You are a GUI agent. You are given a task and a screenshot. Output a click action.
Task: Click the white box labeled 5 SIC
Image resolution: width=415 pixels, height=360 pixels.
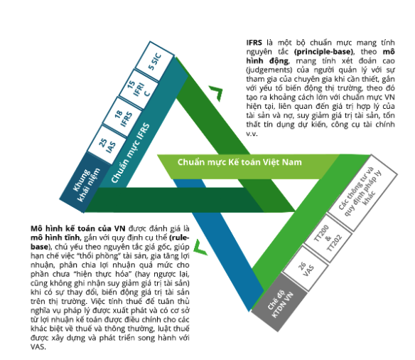pyautogui.click(x=155, y=61)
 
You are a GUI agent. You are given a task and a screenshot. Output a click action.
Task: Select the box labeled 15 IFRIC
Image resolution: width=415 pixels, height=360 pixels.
pyautogui.click(x=139, y=89)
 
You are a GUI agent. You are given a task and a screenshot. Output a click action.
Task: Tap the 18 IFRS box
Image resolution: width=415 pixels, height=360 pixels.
pyautogui.click(x=122, y=117)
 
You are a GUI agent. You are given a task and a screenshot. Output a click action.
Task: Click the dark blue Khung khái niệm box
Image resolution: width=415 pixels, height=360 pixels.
pyautogui.click(x=85, y=183)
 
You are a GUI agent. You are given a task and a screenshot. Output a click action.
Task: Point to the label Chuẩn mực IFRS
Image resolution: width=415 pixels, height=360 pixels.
pyautogui.click(x=130, y=153)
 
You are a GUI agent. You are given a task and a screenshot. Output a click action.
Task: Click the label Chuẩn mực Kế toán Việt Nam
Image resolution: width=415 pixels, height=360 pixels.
pyautogui.click(x=239, y=162)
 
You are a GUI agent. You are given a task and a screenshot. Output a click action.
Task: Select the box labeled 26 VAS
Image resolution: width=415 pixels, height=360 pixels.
pyautogui.click(x=306, y=269)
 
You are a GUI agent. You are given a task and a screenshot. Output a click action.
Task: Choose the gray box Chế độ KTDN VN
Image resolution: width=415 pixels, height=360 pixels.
pyautogui.click(x=279, y=302)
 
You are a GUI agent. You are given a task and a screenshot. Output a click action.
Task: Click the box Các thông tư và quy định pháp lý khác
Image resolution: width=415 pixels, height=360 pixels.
pyautogui.click(x=362, y=192)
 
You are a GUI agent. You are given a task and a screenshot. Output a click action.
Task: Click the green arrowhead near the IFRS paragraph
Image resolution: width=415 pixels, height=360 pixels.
pyautogui.click(x=216, y=93)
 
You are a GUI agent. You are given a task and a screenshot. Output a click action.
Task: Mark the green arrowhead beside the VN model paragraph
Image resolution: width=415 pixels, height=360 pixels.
pyautogui.click(x=200, y=248)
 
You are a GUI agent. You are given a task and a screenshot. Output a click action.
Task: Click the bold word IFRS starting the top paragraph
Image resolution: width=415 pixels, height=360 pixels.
pyautogui.click(x=254, y=43)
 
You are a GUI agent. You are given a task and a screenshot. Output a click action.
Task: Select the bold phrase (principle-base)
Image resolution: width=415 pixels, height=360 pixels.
pyautogui.click(x=324, y=52)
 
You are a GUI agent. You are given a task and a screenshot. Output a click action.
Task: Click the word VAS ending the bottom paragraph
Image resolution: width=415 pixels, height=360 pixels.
pyautogui.click(x=38, y=346)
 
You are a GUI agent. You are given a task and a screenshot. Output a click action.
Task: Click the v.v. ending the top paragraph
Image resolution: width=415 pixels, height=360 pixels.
pyautogui.click(x=252, y=134)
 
